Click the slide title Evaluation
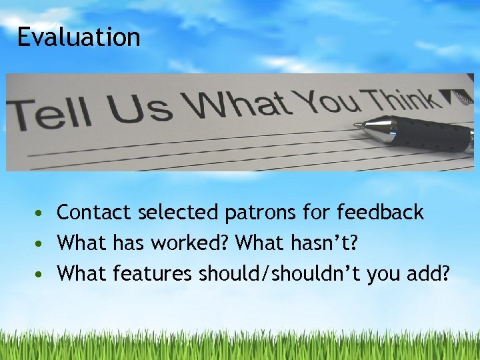(x=79, y=37)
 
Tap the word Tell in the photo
(x=50, y=115)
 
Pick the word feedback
(x=380, y=213)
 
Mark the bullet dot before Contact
(x=41, y=214)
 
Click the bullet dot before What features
(x=41, y=274)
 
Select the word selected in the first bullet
(x=178, y=213)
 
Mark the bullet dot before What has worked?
(x=41, y=244)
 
